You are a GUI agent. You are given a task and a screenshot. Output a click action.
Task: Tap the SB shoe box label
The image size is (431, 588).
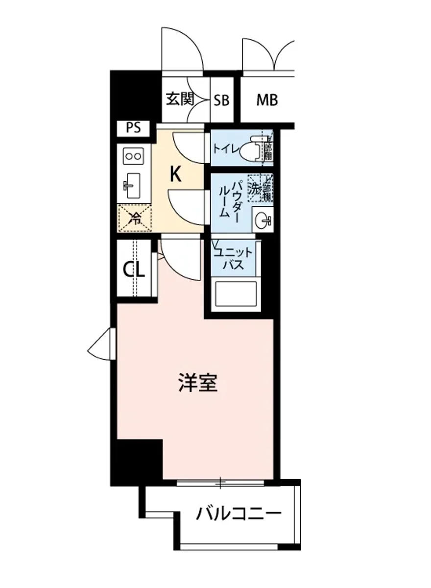[221, 100]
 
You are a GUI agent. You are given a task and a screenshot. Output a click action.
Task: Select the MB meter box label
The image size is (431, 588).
[267, 100]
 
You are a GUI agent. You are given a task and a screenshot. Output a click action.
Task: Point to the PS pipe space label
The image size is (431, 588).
[133, 128]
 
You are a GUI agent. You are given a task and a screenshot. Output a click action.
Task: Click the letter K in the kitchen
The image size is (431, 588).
[175, 174]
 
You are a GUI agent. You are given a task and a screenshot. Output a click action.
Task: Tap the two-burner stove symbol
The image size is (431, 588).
[133, 156]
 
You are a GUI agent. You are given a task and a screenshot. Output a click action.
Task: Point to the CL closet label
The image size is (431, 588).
[134, 269]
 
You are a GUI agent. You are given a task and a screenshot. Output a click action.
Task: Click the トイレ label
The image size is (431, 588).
[224, 147]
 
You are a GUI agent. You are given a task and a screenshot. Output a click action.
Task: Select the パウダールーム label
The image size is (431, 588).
[230, 198]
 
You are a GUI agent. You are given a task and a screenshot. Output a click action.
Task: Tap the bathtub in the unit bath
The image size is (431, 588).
[236, 294]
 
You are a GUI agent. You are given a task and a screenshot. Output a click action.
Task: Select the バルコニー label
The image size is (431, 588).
[239, 514]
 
